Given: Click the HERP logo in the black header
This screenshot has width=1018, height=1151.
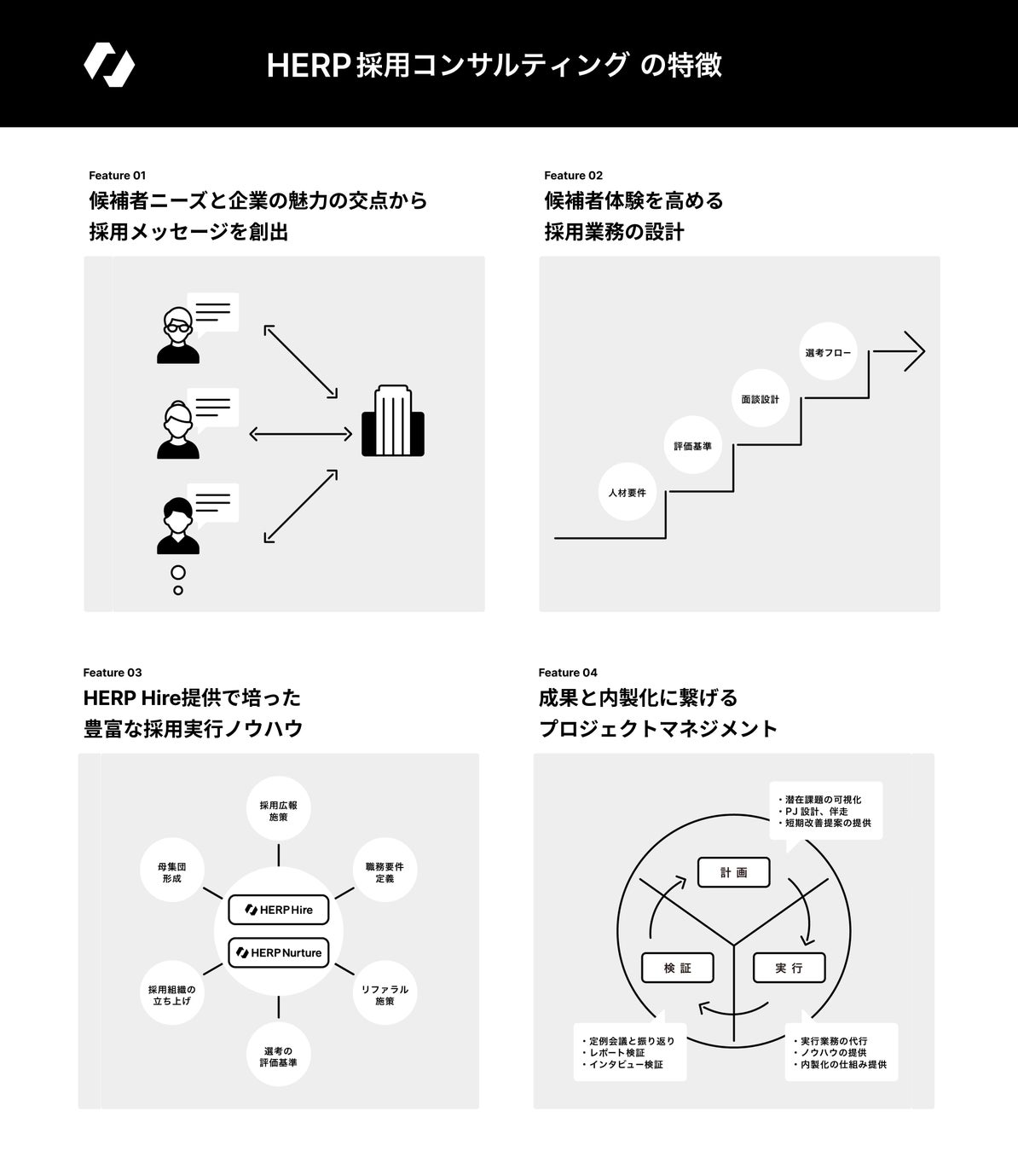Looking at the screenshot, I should coord(109,65).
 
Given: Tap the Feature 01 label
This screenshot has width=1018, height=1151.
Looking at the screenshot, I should coord(117,176).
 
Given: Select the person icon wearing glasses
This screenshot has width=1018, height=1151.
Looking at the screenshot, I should coord(178,334).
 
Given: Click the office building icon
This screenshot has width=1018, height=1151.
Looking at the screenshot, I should coord(393,421).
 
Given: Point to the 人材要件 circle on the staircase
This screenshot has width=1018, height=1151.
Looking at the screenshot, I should coord(628,493).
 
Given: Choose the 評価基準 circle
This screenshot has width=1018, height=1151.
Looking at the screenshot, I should coord(692,446).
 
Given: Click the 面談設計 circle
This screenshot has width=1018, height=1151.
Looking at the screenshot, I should coord(760,399).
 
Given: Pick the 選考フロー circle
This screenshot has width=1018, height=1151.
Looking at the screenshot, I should coord(828,352).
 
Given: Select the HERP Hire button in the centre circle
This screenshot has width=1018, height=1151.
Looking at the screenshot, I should coord(279,910).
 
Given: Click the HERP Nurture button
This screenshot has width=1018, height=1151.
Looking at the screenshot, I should coord(279,952).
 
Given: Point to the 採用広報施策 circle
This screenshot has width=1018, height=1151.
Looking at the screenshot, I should coord(278,811).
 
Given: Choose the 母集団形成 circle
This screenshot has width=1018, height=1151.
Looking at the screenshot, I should coord(171,872).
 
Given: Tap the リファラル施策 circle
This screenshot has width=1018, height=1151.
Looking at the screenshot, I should coord(385,995).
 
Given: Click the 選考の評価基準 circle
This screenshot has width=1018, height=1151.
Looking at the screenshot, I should coord(278,1056).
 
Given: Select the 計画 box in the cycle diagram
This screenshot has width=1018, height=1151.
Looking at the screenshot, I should coord(733,872).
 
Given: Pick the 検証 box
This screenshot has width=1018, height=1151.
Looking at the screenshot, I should coord(677,969).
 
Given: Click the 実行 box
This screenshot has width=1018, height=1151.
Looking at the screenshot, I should coord(789,969).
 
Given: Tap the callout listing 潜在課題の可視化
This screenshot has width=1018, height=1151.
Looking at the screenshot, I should coord(825,811).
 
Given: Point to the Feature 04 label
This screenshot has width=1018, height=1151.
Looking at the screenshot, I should coord(568,673).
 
